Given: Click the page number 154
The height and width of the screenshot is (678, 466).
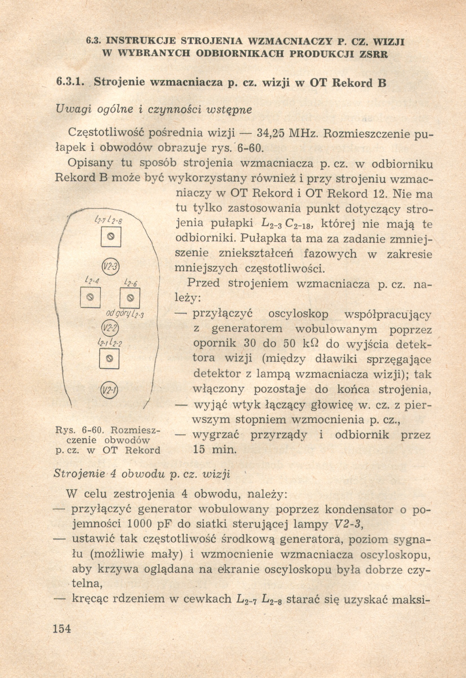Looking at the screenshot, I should pyautogui.click(x=62, y=627).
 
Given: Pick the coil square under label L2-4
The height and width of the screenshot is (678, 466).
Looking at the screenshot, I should pyautogui.click(x=91, y=298).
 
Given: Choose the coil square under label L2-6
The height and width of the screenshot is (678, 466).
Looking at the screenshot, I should pyautogui.click(x=130, y=298).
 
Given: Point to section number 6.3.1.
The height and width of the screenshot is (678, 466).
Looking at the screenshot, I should pyautogui.click(x=70, y=82).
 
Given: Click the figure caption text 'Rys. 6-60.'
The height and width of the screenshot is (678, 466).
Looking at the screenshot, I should pyautogui.click(x=81, y=430).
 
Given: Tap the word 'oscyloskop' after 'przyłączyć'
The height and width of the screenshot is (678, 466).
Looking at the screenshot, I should pyautogui.click(x=298, y=315).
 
